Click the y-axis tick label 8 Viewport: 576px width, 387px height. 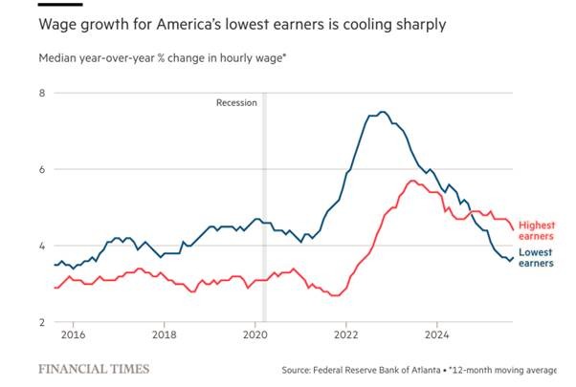(42, 93)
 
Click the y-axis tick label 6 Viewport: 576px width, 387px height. (42, 169)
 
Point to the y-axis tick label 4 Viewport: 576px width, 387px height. (42, 246)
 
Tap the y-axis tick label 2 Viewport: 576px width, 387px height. (42, 322)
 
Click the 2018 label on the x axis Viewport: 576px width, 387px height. (165, 335)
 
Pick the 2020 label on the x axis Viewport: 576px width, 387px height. (255, 335)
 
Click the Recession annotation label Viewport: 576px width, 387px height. (235, 101)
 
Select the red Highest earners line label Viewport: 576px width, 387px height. (537, 228)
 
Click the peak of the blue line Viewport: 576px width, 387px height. (383, 112)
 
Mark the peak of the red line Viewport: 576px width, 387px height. (412, 181)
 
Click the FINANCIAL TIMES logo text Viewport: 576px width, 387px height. (93, 368)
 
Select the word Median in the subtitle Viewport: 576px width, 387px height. (57, 57)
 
